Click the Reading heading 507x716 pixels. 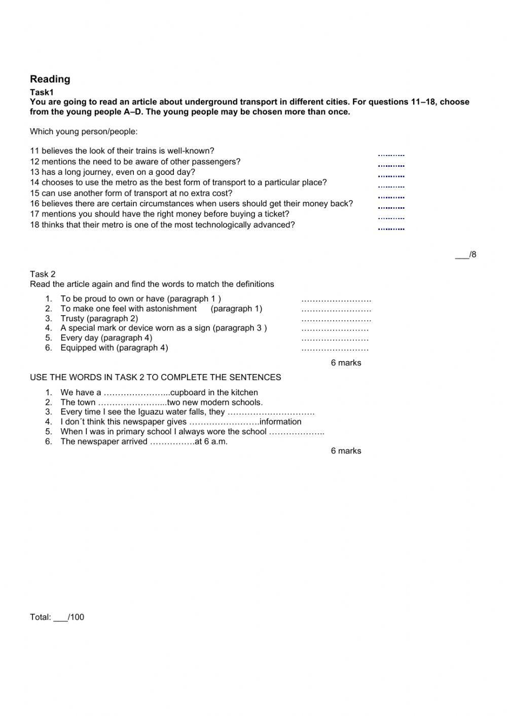point(50,79)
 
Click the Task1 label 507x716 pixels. point(42,92)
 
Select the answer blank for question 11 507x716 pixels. point(391,155)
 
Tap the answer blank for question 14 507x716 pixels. point(391,186)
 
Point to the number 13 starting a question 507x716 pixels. point(34,172)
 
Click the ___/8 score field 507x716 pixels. point(465,254)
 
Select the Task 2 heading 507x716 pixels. point(43,274)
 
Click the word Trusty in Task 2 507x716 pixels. point(72,318)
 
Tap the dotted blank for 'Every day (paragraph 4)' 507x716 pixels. point(335,338)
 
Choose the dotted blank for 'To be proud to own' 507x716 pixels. point(336,299)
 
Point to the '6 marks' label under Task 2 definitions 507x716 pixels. point(346,363)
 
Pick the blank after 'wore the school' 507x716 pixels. point(297,432)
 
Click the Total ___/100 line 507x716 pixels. point(57,617)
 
